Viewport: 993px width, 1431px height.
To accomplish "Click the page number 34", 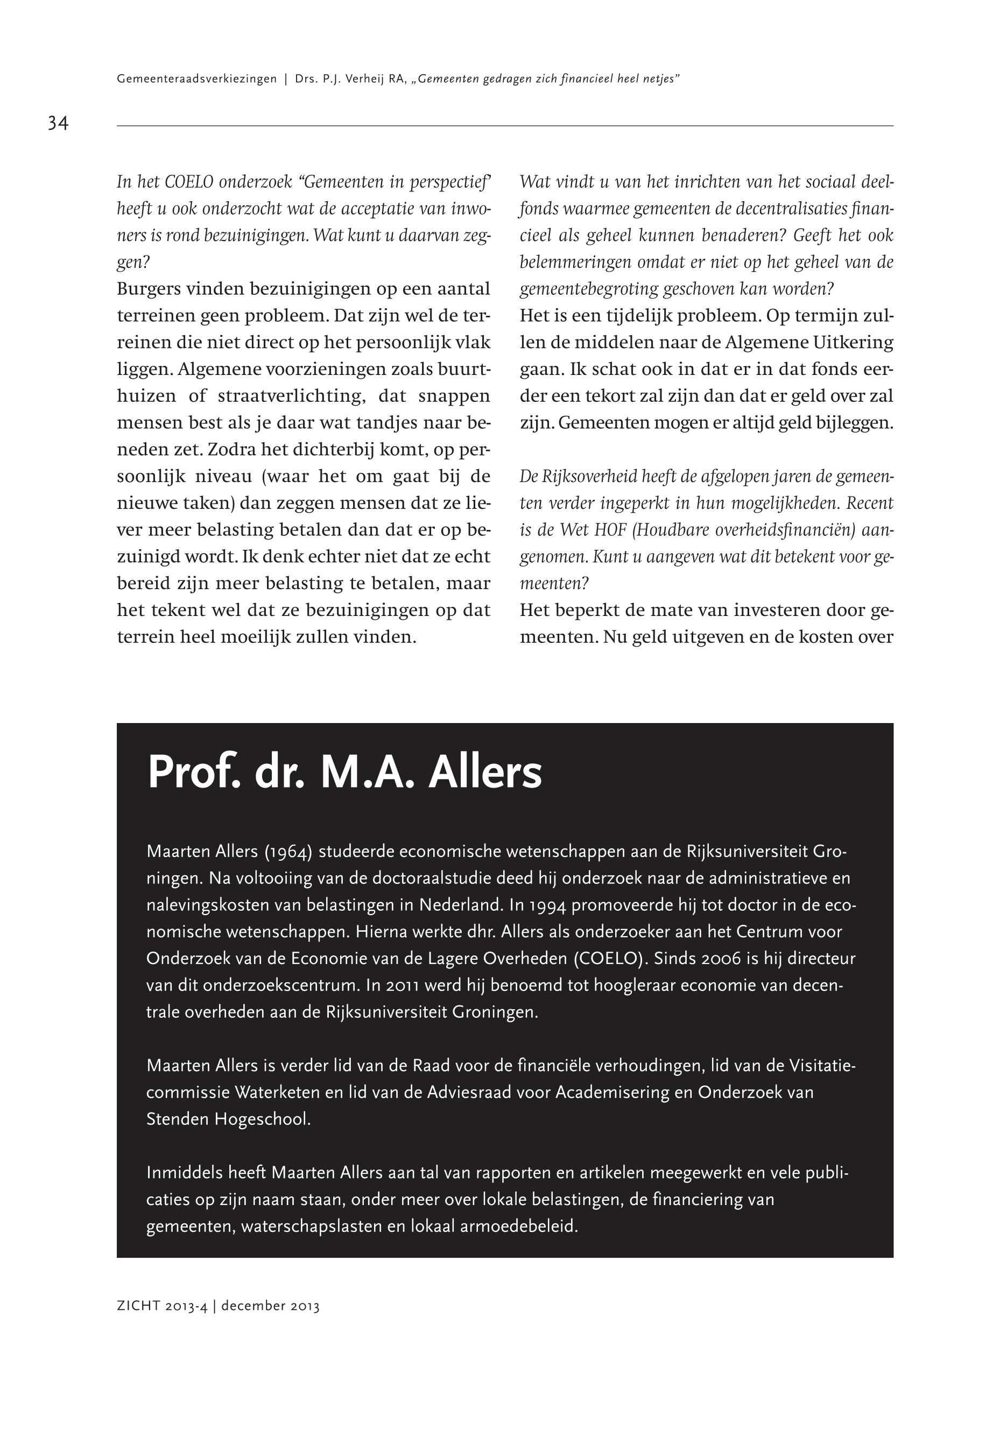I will tap(58, 123).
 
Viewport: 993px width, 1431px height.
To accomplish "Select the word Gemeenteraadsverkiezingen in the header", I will tap(196, 80).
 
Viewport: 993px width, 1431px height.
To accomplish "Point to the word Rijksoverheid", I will tap(584, 477).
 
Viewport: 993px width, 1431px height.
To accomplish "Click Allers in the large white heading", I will tap(485, 773).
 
